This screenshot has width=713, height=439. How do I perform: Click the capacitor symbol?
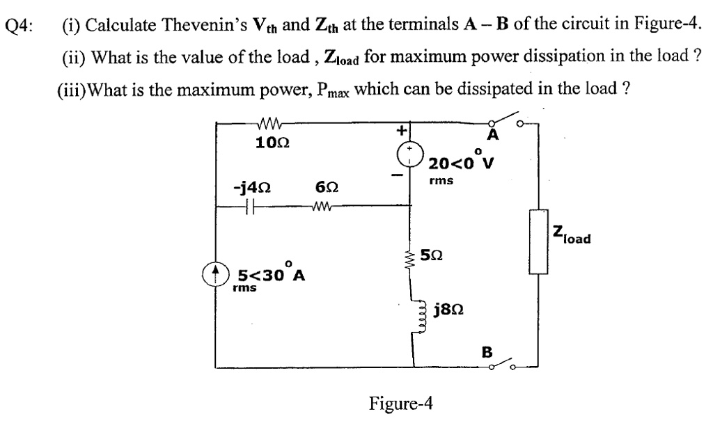[251, 207]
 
